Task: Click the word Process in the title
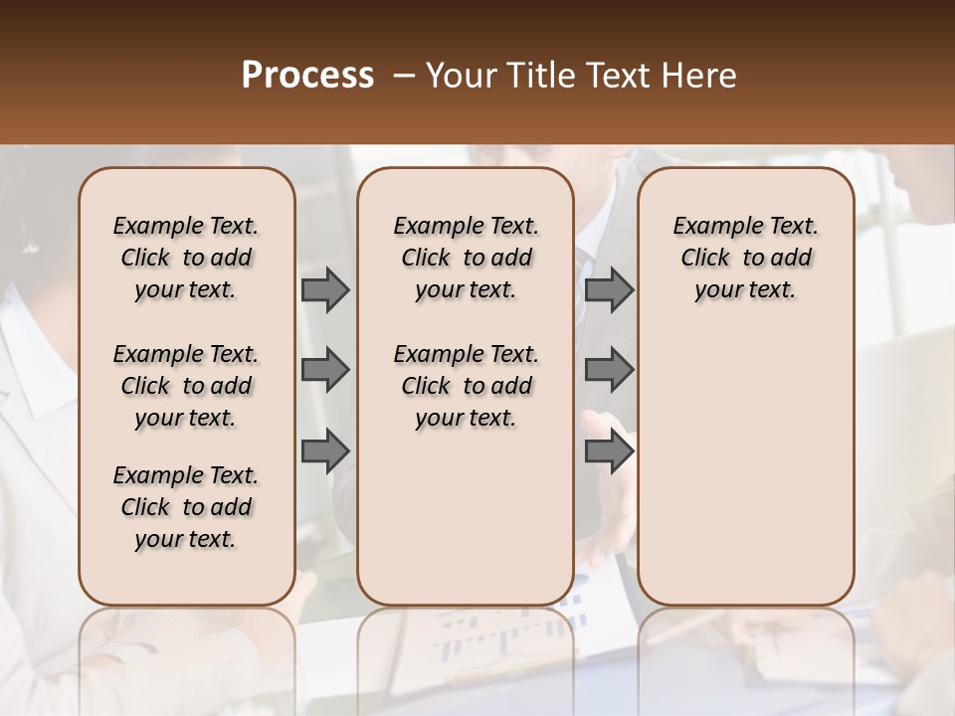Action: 307,75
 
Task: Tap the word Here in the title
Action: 700,75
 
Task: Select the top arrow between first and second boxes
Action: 325,290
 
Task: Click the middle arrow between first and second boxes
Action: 325,370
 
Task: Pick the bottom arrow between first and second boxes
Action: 325,450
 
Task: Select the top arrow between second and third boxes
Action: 609,290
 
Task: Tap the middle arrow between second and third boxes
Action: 609,370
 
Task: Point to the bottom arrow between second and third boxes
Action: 609,450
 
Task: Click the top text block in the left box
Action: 186,258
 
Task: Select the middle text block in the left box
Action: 186,386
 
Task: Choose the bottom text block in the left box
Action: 186,507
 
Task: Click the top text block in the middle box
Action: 466,258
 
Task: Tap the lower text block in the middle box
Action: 466,386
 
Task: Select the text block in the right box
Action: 745,258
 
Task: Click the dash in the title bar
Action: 403,76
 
